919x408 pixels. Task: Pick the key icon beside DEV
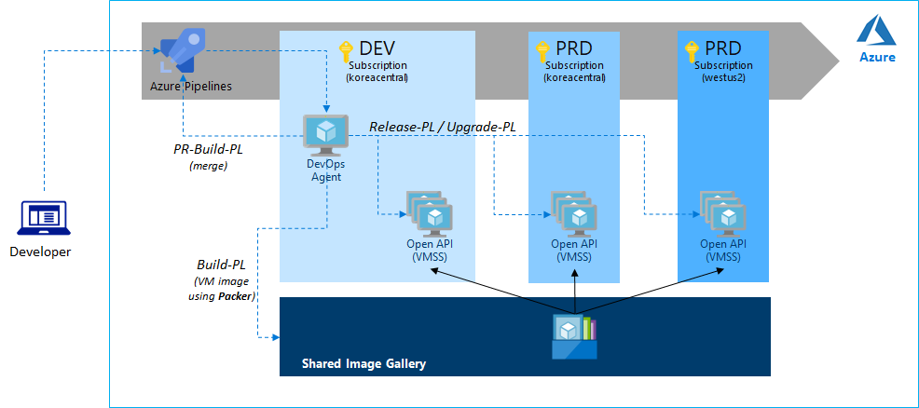344,49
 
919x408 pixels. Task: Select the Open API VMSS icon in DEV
429,213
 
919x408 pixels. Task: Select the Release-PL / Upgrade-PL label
443,126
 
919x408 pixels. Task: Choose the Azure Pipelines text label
190,87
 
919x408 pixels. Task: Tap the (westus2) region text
723,78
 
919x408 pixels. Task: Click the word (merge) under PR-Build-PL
208,166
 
